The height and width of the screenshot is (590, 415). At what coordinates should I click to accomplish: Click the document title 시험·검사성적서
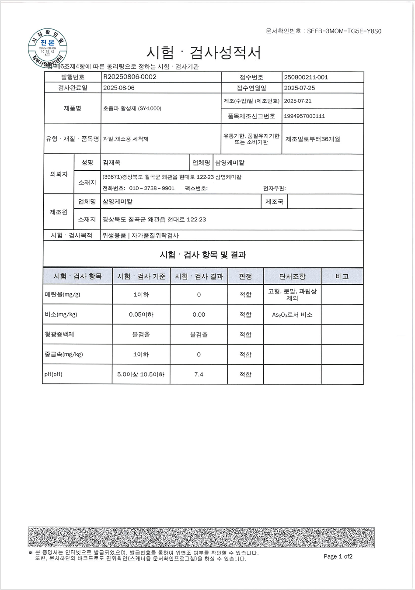point(204,53)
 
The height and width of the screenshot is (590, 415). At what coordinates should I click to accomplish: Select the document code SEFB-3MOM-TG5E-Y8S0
point(345,31)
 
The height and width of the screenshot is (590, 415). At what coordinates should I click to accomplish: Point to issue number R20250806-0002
point(130,77)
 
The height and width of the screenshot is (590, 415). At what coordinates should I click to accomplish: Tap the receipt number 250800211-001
point(306,77)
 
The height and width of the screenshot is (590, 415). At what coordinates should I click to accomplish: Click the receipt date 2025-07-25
point(300,88)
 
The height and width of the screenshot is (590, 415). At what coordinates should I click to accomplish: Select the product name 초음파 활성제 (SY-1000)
point(132,108)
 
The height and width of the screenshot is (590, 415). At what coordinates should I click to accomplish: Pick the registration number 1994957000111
point(304,116)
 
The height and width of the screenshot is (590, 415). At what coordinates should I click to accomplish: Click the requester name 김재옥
point(112,162)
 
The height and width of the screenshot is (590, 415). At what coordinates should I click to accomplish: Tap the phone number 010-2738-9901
point(152,188)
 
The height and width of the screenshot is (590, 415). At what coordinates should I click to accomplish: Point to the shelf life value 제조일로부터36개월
point(313,139)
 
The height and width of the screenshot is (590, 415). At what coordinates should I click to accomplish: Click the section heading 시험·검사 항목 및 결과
point(203,255)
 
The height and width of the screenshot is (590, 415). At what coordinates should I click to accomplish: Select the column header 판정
point(245,276)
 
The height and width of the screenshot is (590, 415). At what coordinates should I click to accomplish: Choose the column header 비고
point(342,276)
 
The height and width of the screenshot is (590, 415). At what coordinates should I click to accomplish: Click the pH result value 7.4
point(199,374)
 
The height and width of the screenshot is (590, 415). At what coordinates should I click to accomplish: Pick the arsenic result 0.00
point(199,314)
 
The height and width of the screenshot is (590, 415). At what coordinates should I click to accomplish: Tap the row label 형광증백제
point(59,335)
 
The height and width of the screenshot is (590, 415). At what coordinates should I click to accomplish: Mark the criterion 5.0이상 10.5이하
point(141,374)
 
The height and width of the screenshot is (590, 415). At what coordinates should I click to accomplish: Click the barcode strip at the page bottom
point(201,537)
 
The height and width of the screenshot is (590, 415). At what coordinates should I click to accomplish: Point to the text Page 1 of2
point(338,556)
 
